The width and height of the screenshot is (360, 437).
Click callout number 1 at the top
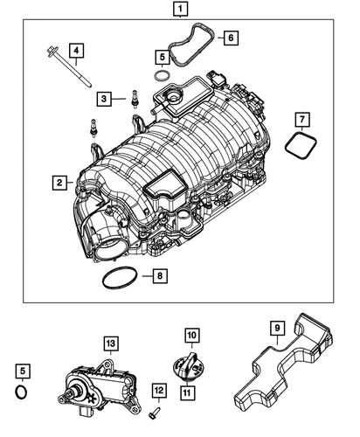(179, 10)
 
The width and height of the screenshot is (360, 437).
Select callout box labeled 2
(59, 183)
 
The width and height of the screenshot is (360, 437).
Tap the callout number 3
(104, 99)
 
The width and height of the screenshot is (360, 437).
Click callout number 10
(191, 334)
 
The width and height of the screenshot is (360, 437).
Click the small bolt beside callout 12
(154, 407)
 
